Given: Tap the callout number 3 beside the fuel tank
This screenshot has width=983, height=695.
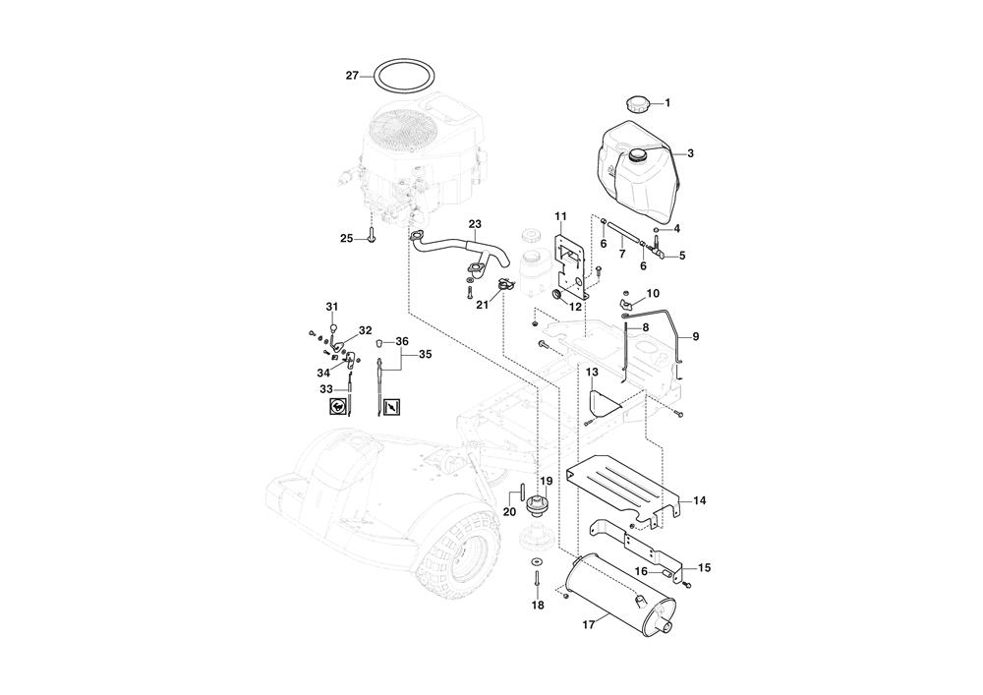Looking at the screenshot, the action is tap(690, 153).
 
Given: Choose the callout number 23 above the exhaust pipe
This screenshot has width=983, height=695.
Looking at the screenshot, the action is tap(475, 224).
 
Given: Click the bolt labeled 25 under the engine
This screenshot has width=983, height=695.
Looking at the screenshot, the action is tap(372, 237).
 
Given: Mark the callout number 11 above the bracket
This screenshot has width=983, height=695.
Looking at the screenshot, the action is tap(560, 216).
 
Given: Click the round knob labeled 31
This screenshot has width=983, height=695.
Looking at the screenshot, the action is tap(333, 327).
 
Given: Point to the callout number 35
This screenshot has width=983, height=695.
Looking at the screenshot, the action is tap(425, 355).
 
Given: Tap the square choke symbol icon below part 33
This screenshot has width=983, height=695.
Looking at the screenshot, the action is tap(338, 407).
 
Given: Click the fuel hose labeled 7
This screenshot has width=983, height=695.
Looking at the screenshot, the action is tap(622, 239).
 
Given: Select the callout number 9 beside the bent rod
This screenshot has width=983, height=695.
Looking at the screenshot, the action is tap(695, 336).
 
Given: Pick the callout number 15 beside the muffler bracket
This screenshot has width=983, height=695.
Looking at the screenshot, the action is tap(704, 568).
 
